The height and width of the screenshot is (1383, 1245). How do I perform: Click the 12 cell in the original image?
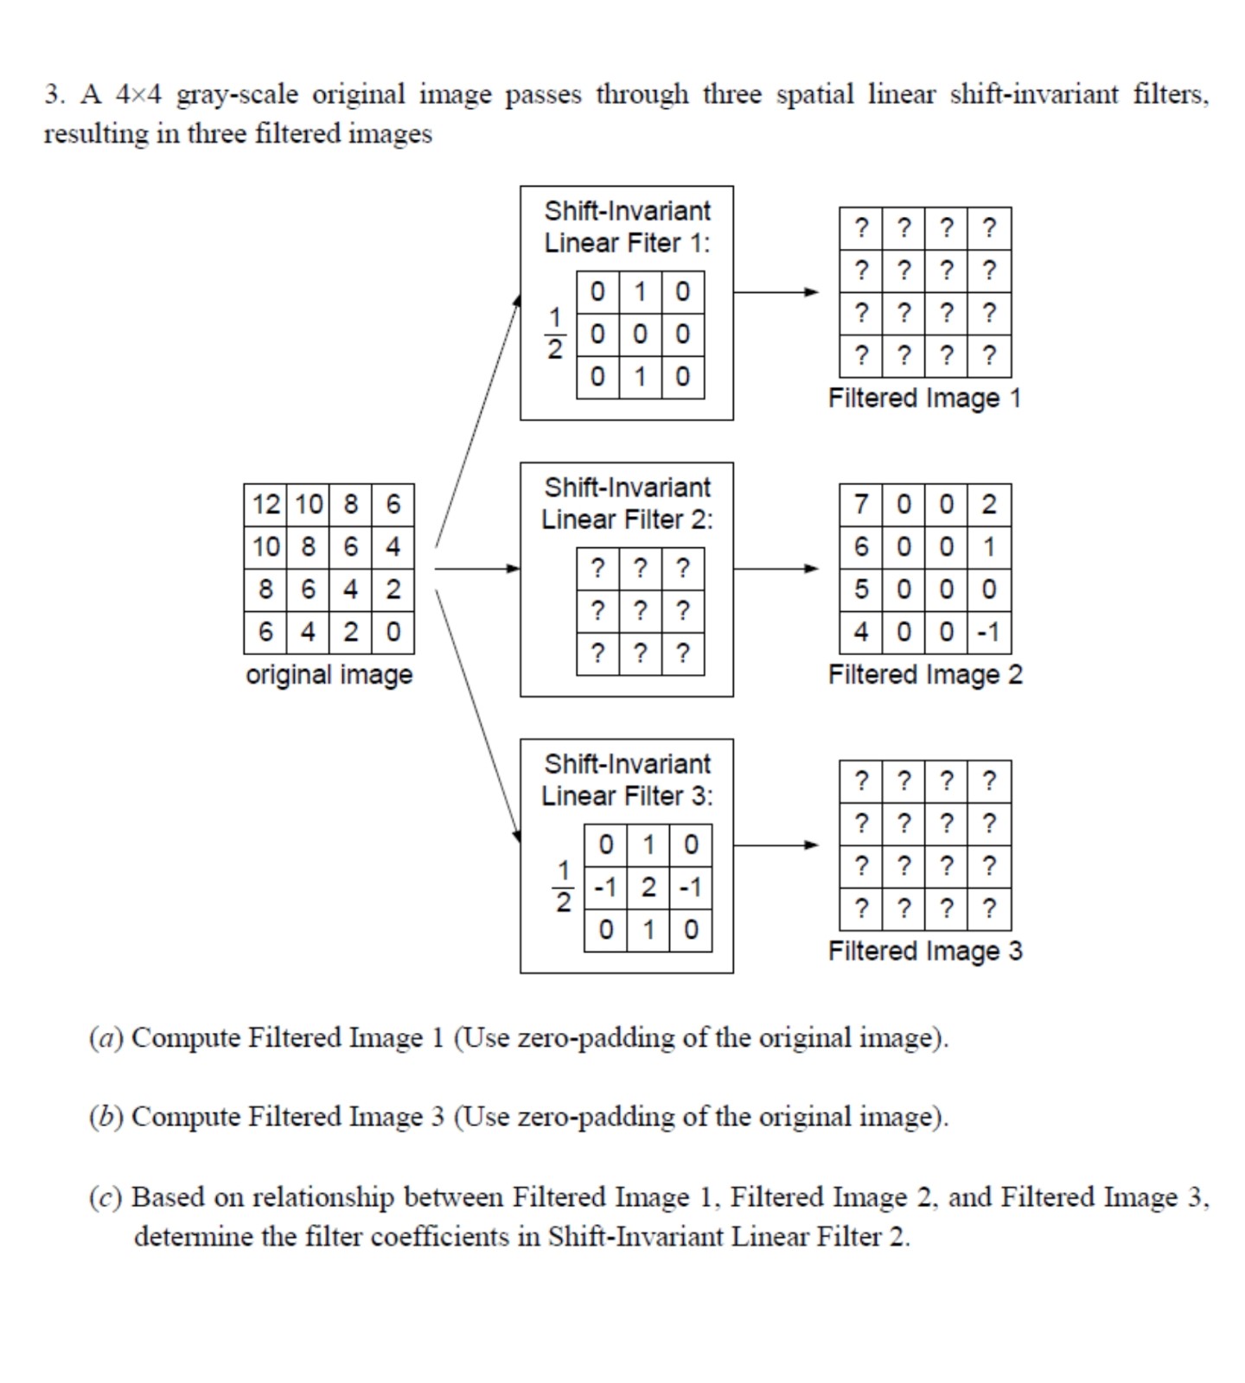tap(265, 504)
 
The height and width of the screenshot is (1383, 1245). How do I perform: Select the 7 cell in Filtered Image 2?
tap(860, 504)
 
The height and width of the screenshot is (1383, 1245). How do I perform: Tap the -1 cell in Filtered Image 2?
tap(989, 632)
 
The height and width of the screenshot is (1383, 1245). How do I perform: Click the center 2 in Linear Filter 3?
tap(648, 887)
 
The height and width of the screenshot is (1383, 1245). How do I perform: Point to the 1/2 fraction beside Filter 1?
tap(554, 334)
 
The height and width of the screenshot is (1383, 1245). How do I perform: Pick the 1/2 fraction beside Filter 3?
tap(563, 887)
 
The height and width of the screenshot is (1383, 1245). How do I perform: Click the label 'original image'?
tap(329, 674)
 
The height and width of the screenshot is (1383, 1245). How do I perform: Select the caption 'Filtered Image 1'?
tap(924, 398)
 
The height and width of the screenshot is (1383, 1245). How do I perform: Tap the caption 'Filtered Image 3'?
tap(924, 951)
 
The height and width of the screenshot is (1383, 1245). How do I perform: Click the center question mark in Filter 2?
tap(640, 611)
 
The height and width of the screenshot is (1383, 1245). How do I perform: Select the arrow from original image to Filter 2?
tap(476, 569)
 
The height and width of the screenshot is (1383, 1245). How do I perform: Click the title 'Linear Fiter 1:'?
tap(627, 244)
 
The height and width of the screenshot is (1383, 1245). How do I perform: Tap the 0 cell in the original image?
tap(393, 632)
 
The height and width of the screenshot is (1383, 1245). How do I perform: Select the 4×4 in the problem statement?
tap(138, 94)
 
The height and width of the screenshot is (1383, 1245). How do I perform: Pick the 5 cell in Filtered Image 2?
tap(860, 590)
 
